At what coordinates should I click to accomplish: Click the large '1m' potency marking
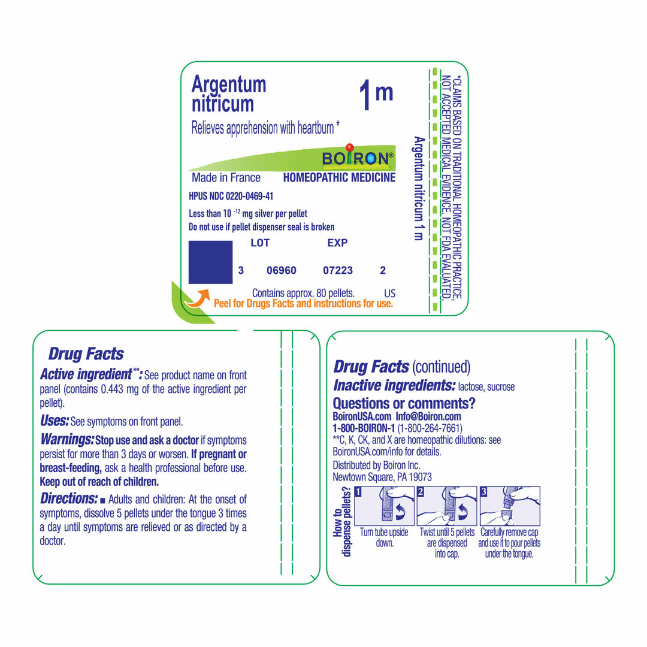click(376, 96)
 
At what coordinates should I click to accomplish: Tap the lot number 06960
click(281, 271)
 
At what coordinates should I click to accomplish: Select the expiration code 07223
click(338, 271)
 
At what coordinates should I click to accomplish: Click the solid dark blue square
click(210, 262)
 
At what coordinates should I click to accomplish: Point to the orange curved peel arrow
click(196, 298)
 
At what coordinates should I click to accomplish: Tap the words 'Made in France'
click(226, 178)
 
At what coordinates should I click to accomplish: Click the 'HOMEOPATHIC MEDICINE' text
click(339, 178)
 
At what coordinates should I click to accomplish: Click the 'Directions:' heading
click(68, 498)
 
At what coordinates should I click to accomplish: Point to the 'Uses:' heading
click(54, 421)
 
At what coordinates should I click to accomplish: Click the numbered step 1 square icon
click(358, 492)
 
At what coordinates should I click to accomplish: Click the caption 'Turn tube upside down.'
click(384, 537)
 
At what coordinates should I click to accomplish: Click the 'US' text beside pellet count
click(389, 294)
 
